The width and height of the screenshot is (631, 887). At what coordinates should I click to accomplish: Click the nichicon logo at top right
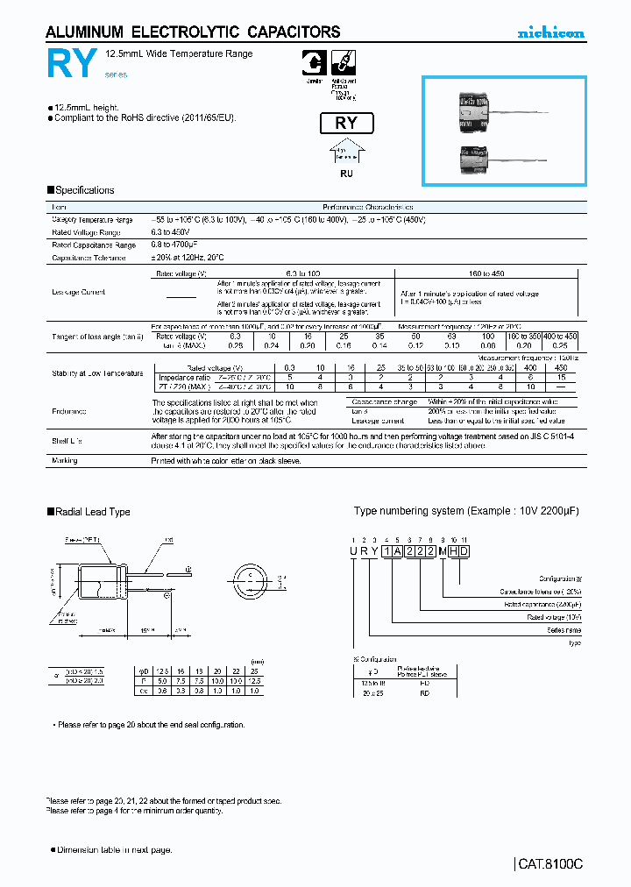pyautogui.click(x=549, y=33)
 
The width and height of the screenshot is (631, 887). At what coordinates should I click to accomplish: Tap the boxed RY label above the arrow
pyautogui.click(x=346, y=123)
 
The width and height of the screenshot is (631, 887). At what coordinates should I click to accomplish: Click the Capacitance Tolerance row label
pyautogui.click(x=89, y=258)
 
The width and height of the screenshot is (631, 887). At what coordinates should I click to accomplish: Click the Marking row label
pyautogui.click(x=65, y=460)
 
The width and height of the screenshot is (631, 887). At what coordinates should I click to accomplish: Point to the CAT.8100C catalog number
pyautogui.click(x=549, y=863)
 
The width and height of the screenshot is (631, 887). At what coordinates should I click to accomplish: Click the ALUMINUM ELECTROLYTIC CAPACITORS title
pyautogui.click(x=192, y=32)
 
